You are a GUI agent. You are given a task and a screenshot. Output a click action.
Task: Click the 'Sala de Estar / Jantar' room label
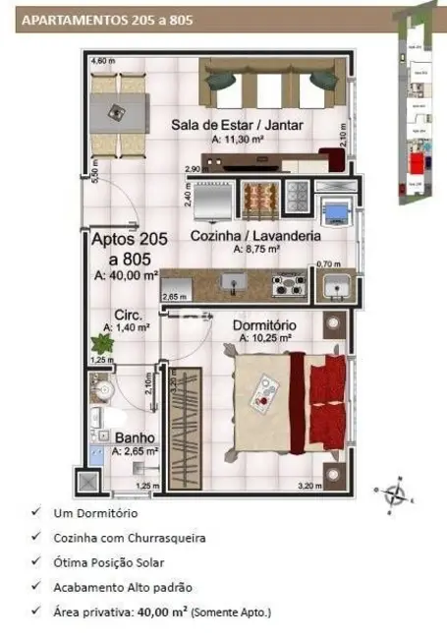236,125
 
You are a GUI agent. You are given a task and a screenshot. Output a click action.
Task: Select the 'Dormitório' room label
265,324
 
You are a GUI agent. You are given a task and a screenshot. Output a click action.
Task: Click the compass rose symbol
395,493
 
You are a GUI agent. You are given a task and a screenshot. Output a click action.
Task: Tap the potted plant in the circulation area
100,343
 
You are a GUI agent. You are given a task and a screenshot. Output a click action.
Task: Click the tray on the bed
263,395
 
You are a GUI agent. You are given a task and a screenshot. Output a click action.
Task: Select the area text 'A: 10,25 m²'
265,337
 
